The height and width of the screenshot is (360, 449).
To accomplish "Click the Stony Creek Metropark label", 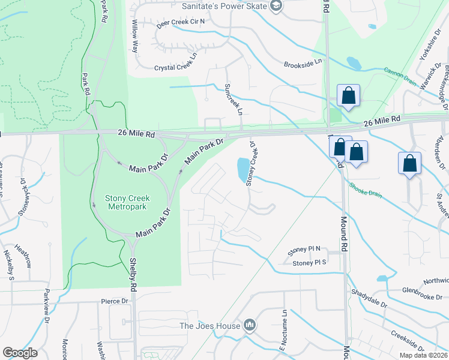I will (x=127, y=203).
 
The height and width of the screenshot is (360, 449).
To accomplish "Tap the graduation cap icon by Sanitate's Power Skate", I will (x=276, y=7).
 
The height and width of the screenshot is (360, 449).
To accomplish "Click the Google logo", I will (x=20, y=352).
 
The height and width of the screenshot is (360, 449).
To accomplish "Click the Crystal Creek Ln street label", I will (x=176, y=68).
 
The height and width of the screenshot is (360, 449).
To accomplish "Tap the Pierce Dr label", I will (x=115, y=301).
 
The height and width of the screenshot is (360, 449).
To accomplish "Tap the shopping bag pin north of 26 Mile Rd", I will (x=348, y=96).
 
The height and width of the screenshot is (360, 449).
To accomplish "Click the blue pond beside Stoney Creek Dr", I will (x=243, y=170).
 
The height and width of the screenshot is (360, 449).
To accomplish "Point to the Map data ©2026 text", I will (x=423, y=355).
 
